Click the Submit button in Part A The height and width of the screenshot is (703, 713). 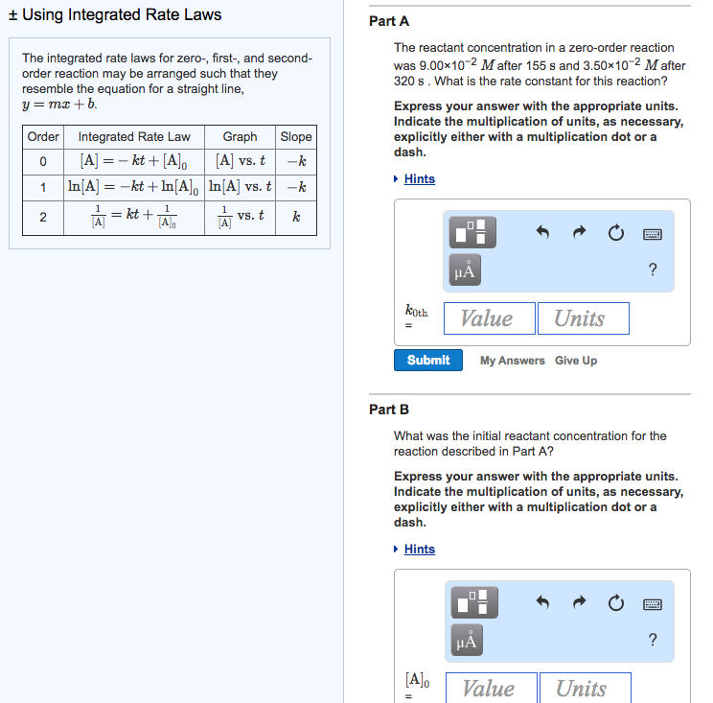tap(427, 361)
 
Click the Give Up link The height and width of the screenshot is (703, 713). tap(575, 361)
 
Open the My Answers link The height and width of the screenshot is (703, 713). tap(512, 361)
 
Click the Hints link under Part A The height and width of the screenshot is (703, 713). tap(419, 179)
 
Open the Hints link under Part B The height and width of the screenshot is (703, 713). tap(419, 550)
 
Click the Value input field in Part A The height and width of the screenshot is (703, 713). tap(488, 318)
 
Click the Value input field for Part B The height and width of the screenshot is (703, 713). tap(490, 688)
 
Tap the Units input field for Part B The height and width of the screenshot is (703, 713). tap(584, 688)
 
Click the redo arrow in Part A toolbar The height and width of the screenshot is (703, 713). tap(579, 233)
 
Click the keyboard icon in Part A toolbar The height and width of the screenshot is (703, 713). tap(653, 233)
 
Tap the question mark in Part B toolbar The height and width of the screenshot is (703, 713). tap(653, 640)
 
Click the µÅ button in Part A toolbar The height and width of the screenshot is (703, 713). tap(466, 271)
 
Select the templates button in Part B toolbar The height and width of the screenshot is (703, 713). tap(471, 602)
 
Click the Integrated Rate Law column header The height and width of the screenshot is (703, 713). tap(134, 137)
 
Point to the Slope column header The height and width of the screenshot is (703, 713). tap(295, 137)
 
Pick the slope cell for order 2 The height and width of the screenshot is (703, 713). tap(295, 218)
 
